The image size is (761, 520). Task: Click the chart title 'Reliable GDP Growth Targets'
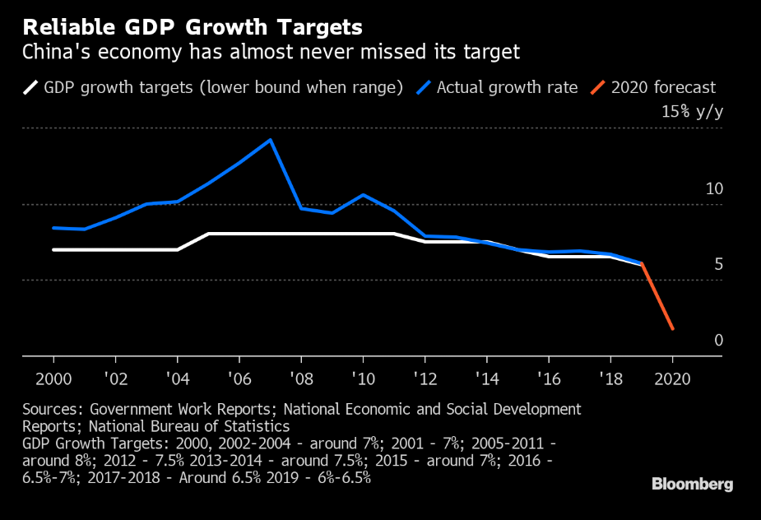[193, 27]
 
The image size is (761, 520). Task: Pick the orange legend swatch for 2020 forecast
[599, 87]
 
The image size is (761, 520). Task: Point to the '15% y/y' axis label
[692, 112]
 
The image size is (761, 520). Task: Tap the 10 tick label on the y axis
[714, 188]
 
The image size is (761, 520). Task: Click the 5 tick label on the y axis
[718, 264]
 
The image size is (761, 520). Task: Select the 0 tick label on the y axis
[718, 341]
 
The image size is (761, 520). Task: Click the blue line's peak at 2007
[271, 140]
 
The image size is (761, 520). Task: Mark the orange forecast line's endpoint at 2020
[673, 330]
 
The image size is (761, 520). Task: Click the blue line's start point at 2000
[53, 228]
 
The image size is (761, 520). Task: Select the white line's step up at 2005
[209, 234]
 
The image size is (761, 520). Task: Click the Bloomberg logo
[692, 484]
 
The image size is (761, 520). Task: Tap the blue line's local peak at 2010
[363, 195]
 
